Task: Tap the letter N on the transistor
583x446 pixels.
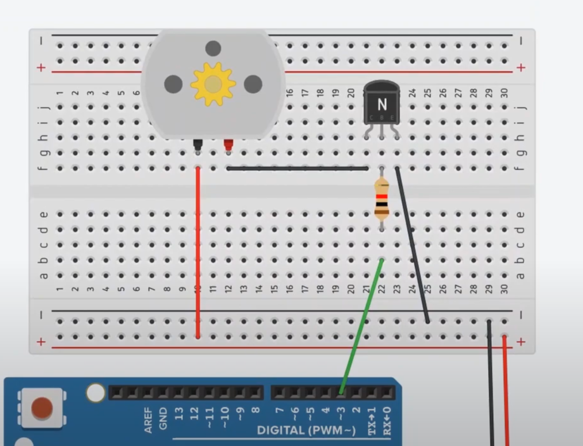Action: tap(382, 104)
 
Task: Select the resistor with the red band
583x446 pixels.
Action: tap(381, 199)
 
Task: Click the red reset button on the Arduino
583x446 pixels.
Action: tap(42, 408)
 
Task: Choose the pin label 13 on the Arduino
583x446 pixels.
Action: tap(179, 418)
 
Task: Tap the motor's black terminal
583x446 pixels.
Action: tap(198, 146)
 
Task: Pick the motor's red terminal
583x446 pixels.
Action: tap(228, 146)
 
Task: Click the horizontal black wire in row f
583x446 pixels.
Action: tap(298, 168)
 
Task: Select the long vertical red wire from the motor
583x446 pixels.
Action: tap(198, 253)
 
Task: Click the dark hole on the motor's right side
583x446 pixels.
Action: tap(253, 84)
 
